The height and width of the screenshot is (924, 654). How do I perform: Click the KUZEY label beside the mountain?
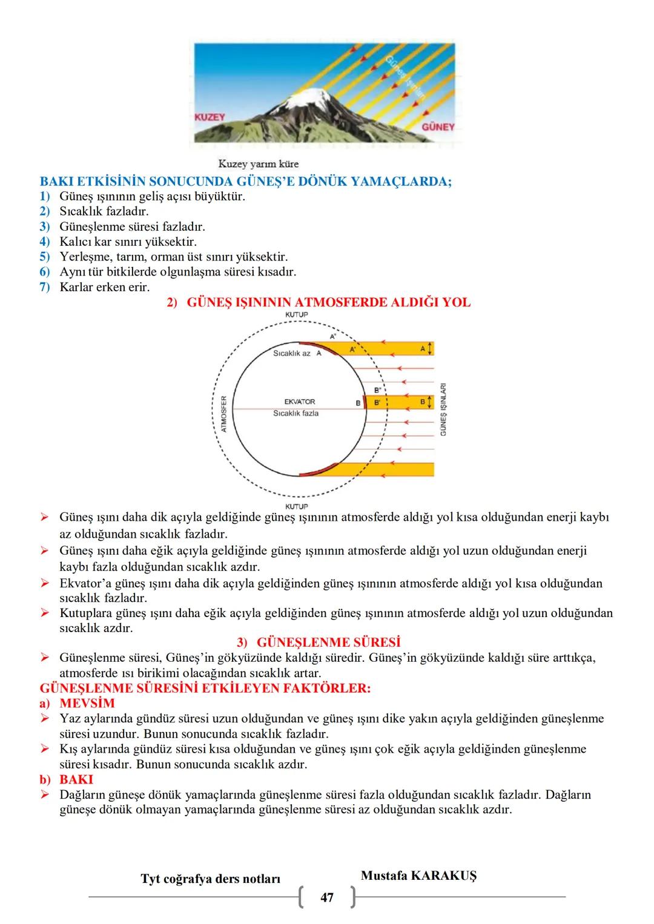click(210, 116)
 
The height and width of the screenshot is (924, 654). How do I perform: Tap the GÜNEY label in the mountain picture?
click(438, 127)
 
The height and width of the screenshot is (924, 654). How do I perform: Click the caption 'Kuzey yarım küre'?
click(258, 164)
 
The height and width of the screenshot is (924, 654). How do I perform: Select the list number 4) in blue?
click(45, 242)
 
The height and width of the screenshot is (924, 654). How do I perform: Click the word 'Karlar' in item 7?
click(74, 287)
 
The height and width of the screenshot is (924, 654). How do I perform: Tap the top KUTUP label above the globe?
click(296, 315)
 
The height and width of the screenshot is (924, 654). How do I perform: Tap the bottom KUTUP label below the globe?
click(296, 506)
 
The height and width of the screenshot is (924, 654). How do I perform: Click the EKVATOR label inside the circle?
click(300, 401)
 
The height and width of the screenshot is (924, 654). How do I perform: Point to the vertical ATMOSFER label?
click(223, 414)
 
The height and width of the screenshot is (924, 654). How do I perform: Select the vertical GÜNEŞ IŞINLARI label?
click(443, 409)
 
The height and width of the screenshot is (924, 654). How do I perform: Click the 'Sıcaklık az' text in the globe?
click(292, 353)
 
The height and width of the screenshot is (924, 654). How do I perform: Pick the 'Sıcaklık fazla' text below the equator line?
click(296, 413)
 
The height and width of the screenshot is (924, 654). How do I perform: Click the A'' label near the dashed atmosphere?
click(333, 336)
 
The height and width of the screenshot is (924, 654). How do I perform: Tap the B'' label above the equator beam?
click(378, 390)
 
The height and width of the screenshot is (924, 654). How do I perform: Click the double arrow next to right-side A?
click(430, 349)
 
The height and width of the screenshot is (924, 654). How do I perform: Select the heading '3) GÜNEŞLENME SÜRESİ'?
click(319, 642)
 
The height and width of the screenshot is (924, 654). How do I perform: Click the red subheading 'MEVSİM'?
click(87, 704)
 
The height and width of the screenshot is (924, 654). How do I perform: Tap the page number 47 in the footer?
click(327, 897)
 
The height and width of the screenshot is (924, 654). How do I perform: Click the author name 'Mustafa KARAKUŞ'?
click(418, 876)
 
